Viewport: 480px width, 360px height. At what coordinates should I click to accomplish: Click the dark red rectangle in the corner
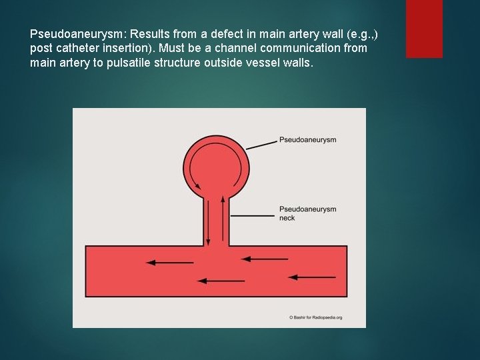pyautogui.click(x=424, y=28)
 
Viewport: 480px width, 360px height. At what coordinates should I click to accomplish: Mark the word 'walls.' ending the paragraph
pyautogui.click(x=296, y=63)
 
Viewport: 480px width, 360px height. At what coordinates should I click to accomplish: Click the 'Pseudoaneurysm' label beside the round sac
pyautogui.click(x=307, y=140)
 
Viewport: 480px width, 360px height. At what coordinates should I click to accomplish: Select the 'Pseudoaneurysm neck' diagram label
pyautogui.click(x=307, y=213)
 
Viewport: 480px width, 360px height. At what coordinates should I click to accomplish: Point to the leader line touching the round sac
pyautogui.click(x=262, y=144)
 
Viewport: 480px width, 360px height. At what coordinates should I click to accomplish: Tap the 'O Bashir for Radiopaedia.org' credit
pyautogui.click(x=316, y=317)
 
